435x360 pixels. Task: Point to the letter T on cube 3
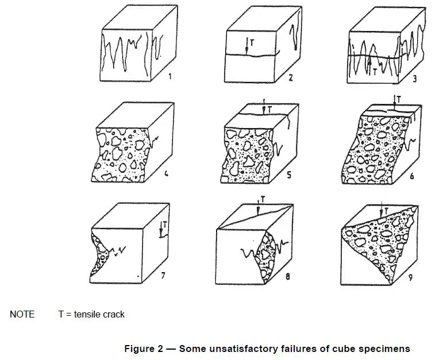coord(375,71)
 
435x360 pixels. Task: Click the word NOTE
coord(22,314)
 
